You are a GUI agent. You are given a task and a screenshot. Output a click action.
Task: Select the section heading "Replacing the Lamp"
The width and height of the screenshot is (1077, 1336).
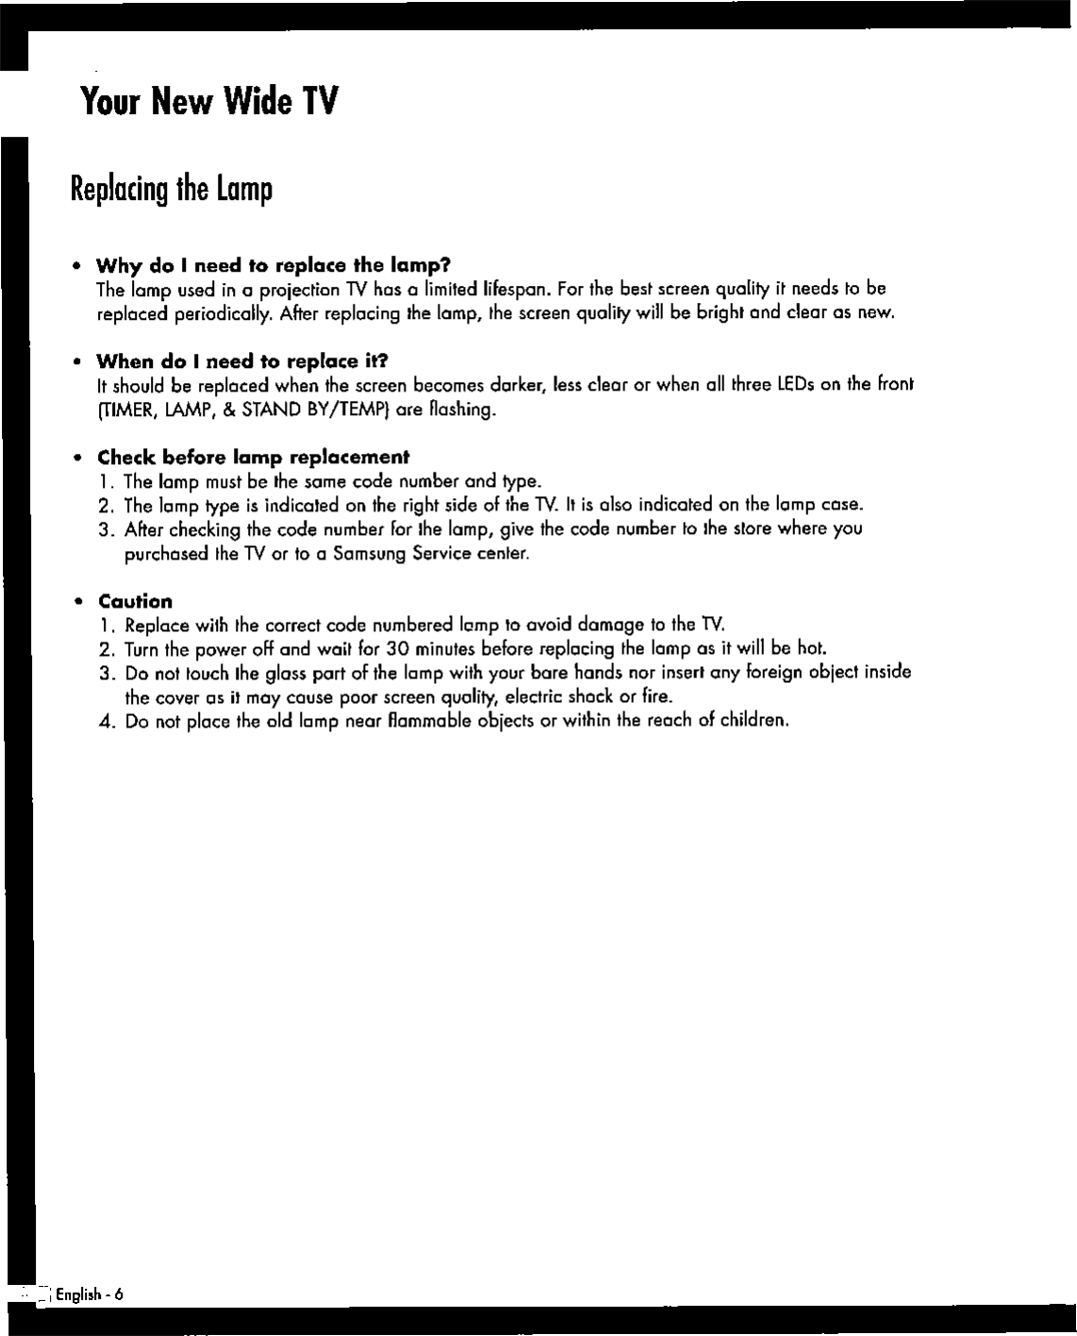click(172, 190)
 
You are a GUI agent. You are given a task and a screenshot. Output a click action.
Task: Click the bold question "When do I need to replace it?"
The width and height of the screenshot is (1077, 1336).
click(242, 361)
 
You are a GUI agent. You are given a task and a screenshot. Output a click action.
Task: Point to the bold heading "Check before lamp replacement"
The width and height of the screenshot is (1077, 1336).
click(254, 458)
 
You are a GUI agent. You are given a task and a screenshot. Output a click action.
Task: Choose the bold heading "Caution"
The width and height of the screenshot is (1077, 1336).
click(135, 602)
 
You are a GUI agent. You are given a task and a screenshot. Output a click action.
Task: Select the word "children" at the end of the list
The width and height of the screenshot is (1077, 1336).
click(753, 722)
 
